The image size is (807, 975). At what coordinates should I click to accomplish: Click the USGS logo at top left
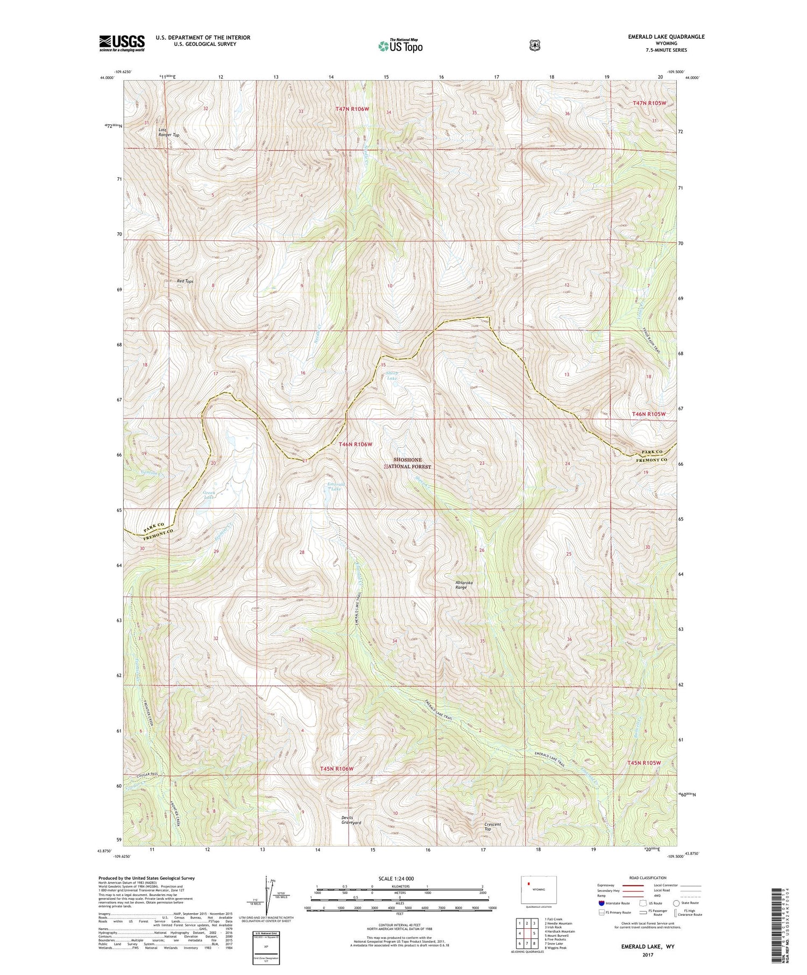coord(122,43)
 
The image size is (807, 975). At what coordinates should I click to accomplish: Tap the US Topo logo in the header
coord(400,46)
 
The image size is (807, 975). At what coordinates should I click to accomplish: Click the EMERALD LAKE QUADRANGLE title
coord(666,37)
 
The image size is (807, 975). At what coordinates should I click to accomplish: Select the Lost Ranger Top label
coord(168,132)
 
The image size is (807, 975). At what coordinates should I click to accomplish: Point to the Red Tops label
coord(185,281)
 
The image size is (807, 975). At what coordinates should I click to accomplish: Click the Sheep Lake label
coord(392,375)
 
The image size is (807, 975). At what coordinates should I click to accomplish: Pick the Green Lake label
coord(209,495)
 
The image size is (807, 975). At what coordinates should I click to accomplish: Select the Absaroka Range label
coord(461,585)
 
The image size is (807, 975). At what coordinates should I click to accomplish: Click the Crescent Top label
coord(492,827)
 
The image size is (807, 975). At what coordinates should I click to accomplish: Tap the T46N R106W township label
coord(355,444)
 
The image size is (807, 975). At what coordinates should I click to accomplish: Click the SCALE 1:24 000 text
coord(396,878)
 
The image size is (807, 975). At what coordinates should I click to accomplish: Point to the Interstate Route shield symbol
coord(601,903)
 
